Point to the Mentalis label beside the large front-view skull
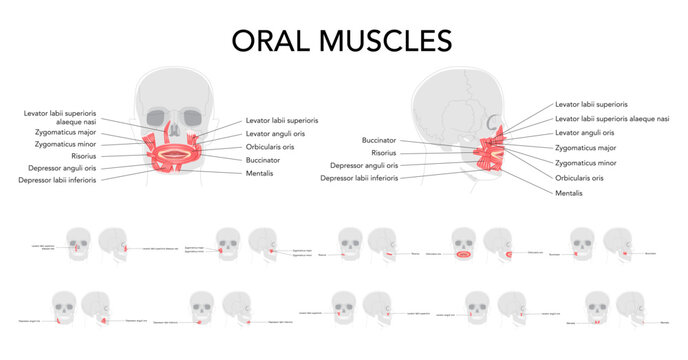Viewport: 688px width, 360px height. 259,173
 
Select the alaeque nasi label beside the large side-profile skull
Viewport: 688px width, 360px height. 612,118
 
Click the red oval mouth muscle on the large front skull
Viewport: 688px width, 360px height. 174,154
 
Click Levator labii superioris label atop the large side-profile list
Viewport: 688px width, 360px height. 591,103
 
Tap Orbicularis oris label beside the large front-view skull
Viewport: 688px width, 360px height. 269,146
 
